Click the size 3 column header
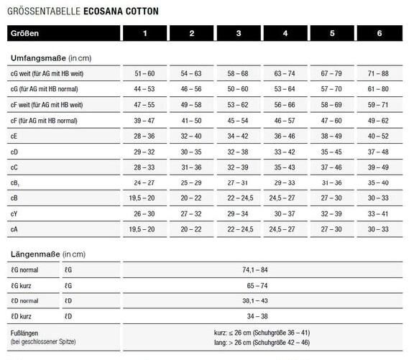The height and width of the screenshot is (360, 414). (239, 34)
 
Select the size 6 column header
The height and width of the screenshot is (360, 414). (379, 34)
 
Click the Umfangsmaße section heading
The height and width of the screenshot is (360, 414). (50, 57)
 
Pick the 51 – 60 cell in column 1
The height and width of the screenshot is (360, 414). (144, 74)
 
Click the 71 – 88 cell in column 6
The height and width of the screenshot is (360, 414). (378, 74)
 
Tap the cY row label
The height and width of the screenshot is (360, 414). (15, 213)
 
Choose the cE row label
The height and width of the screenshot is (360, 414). (14, 136)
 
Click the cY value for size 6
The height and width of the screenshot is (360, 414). (378, 213)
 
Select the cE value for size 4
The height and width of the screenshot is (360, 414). (285, 136)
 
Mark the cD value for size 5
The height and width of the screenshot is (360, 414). (331, 152)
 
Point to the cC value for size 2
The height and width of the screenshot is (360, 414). (191, 167)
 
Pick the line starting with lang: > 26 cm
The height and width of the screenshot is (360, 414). (262, 342)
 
